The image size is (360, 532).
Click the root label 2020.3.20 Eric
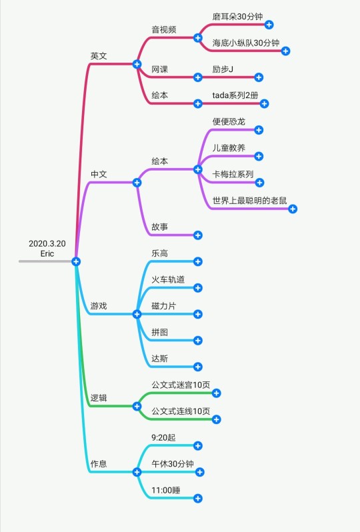(47, 249)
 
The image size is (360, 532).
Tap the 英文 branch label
(99, 56)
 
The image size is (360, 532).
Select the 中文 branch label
(99, 175)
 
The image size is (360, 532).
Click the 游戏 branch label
(99, 306)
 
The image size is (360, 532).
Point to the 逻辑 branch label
(99, 398)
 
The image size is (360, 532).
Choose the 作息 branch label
(99, 464)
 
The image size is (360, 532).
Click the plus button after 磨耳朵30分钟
(269, 25)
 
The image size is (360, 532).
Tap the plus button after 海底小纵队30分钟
(285, 51)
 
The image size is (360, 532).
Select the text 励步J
(223, 69)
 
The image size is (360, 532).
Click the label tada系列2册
(235, 95)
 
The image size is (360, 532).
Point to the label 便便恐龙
(229, 121)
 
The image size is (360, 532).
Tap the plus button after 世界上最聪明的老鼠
(293, 209)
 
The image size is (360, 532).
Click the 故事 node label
(160, 227)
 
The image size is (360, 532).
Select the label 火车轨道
(168, 279)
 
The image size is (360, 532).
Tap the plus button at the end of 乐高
(198, 261)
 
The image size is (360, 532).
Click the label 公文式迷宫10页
(181, 385)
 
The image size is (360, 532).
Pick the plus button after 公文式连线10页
(216, 419)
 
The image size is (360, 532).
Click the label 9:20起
(163, 438)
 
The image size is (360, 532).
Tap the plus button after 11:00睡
(198, 499)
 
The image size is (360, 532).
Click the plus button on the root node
(76, 261)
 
